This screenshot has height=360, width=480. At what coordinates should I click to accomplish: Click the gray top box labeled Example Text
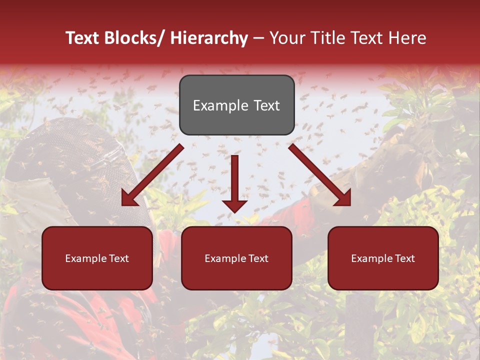(236, 105)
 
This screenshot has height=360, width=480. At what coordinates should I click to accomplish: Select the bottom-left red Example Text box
(97, 258)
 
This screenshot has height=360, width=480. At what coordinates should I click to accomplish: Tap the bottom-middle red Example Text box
(236, 258)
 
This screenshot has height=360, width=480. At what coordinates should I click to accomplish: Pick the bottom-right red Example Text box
(383, 258)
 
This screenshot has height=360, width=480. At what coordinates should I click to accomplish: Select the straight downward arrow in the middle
(234, 182)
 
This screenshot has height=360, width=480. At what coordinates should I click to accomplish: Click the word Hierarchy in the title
(209, 38)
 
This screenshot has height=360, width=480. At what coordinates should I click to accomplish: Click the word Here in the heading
(408, 38)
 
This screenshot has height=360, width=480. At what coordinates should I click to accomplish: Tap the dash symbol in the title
(258, 38)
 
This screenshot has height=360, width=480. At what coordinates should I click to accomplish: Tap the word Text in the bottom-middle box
(257, 258)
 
